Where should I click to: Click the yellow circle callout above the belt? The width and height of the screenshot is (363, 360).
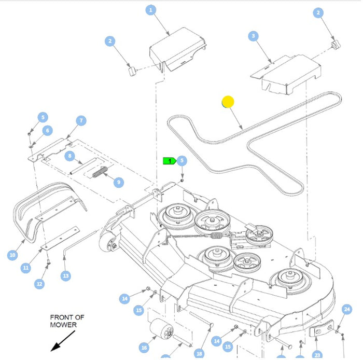click(x=228, y=102)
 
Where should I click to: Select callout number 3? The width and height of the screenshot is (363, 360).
click(x=253, y=36)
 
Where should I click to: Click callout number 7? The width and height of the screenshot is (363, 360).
click(x=81, y=121)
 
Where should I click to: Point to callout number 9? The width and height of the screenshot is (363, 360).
click(x=119, y=182)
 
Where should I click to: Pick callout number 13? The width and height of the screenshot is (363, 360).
click(x=65, y=276)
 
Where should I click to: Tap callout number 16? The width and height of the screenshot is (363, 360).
click(x=144, y=347)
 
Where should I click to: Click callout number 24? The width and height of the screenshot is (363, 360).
click(x=347, y=310)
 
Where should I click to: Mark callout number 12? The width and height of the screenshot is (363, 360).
click(x=40, y=284)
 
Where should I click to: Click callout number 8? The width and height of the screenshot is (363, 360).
click(x=70, y=156)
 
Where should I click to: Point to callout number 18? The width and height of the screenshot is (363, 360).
click(x=199, y=353)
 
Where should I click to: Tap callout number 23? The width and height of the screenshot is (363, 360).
click(x=317, y=356)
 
